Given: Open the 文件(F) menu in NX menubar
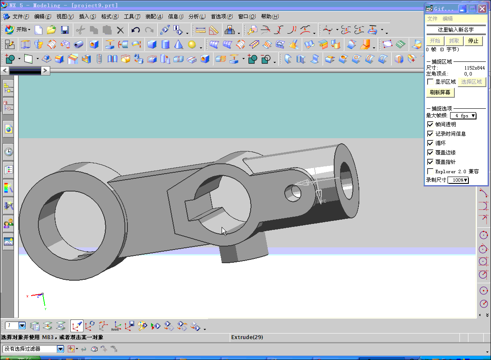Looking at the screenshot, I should coord(20,17).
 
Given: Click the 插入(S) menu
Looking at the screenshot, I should coord(87,17).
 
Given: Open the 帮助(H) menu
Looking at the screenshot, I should coord(270,17).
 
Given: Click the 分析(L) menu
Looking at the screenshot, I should coord(197,17).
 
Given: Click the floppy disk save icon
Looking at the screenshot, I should coord(65,30).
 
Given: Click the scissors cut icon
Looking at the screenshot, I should coord(80,30).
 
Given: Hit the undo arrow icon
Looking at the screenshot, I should coord(136,30).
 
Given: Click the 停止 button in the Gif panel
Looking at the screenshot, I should coord(473,41).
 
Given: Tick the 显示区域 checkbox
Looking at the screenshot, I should coord(430,82).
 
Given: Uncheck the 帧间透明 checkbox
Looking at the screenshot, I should coord(430,125).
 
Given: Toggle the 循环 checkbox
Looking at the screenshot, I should coord(430,143).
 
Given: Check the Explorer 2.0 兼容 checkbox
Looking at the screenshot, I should coord(430,171).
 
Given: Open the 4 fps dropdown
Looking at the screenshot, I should coord(463,116).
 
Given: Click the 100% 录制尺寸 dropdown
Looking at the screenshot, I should coord(458,180).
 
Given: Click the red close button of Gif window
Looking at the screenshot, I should coord(482,9).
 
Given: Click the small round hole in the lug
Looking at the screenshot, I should coord(292,193).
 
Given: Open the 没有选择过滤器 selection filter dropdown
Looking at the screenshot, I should coord(60,349).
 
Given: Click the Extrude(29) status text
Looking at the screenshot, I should coord(247,337).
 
